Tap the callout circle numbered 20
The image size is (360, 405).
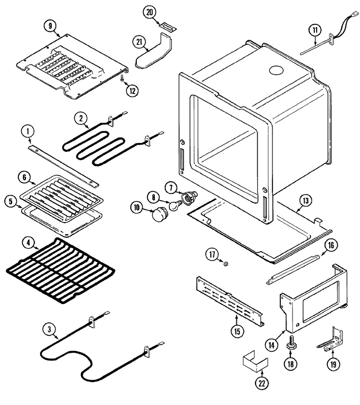point(149,12)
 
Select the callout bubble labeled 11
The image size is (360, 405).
point(315,30)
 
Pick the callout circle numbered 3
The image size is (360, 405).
point(50,329)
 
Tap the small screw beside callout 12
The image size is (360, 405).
point(122,77)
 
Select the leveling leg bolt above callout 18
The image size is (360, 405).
point(290,342)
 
